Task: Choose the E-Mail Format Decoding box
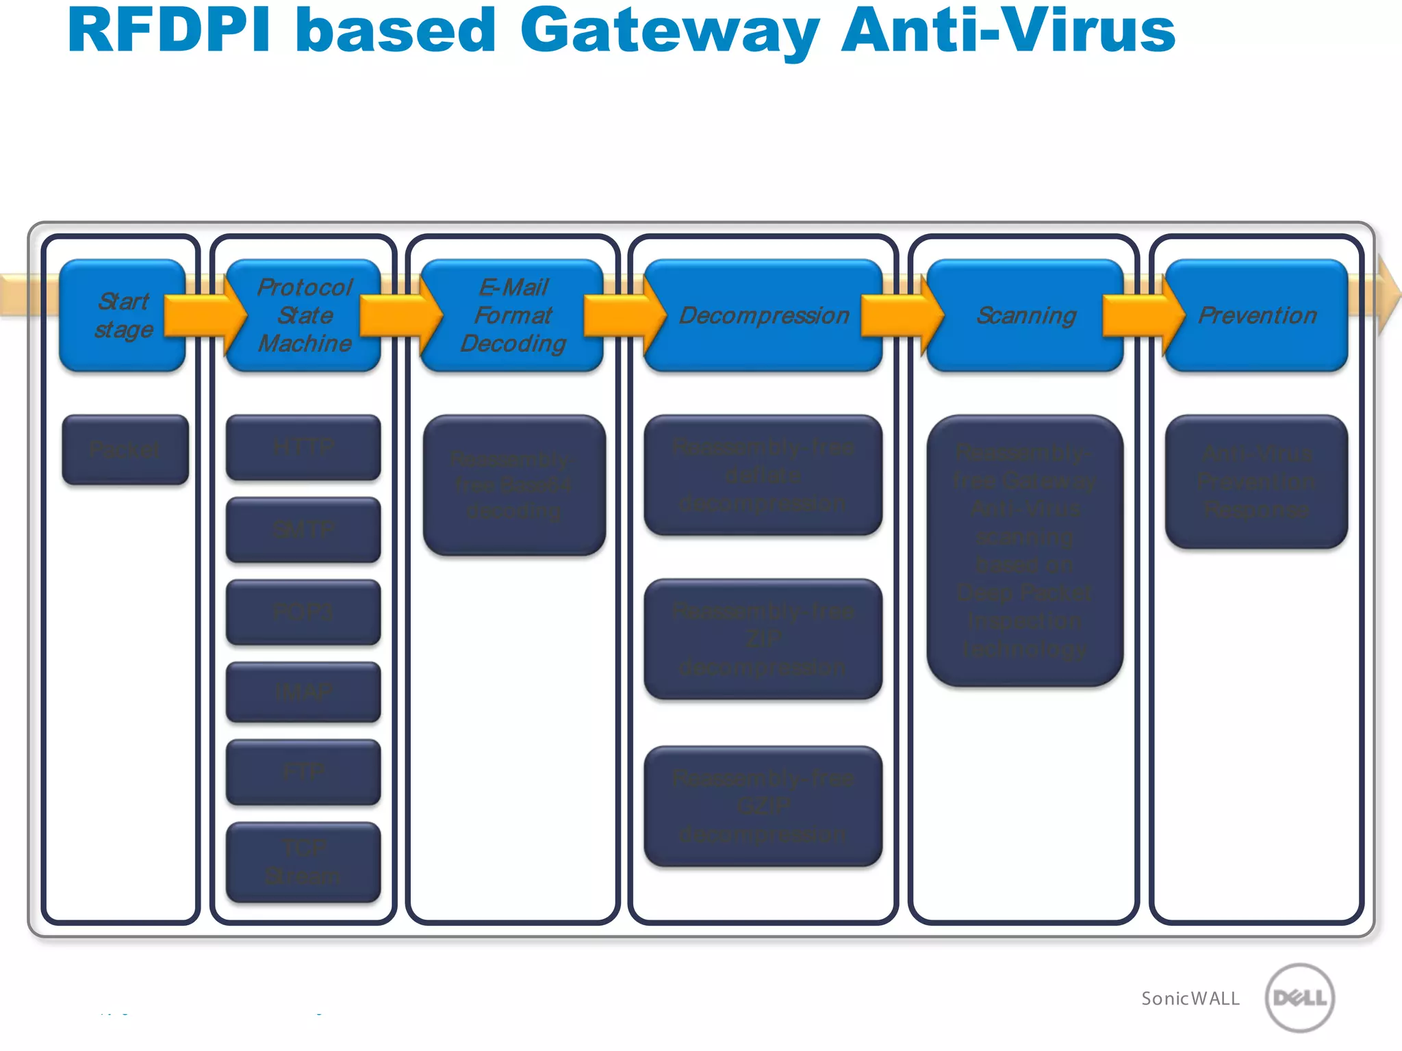pyautogui.click(x=513, y=315)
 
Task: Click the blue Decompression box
pyautogui.click(x=763, y=315)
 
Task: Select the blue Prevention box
pyautogui.click(x=1257, y=315)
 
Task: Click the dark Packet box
pyautogui.click(x=125, y=450)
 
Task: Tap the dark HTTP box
pyautogui.click(x=303, y=447)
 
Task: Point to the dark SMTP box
pyautogui.click(x=303, y=530)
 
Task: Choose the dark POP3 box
pyautogui.click(x=303, y=612)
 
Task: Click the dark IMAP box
pyautogui.click(x=303, y=692)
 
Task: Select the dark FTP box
pyautogui.click(x=303, y=772)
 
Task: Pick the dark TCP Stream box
pyautogui.click(x=303, y=862)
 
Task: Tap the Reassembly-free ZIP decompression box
pyautogui.click(x=763, y=639)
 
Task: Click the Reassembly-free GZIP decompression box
pyautogui.click(x=763, y=806)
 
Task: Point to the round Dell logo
pyautogui.click(x=1299, y=998)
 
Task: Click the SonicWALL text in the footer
pyautogui.click(x=1190, y=999)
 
